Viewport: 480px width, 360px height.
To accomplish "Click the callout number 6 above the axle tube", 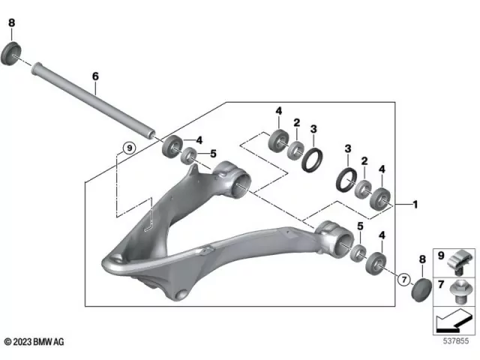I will pyautogui.click(x=95, y=76).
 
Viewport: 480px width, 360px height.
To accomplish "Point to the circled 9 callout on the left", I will pyautogui.click(x=128, y=148).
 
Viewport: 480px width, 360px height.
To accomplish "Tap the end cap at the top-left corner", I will pyautogui.click(x=12, y=53).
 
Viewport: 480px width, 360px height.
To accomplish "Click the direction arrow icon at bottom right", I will pyautogui.click(x=452, y=320).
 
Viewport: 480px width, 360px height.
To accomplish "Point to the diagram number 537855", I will pyautogui.click(x=456, y=343).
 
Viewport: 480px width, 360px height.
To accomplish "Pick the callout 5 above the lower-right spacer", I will pyautogui.click(x=359, y=226).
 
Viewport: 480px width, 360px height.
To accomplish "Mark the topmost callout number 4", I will pyautogui.click(x=278, y=112).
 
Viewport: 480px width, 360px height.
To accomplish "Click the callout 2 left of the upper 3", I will pyautogui.click(x=296, y=123).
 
